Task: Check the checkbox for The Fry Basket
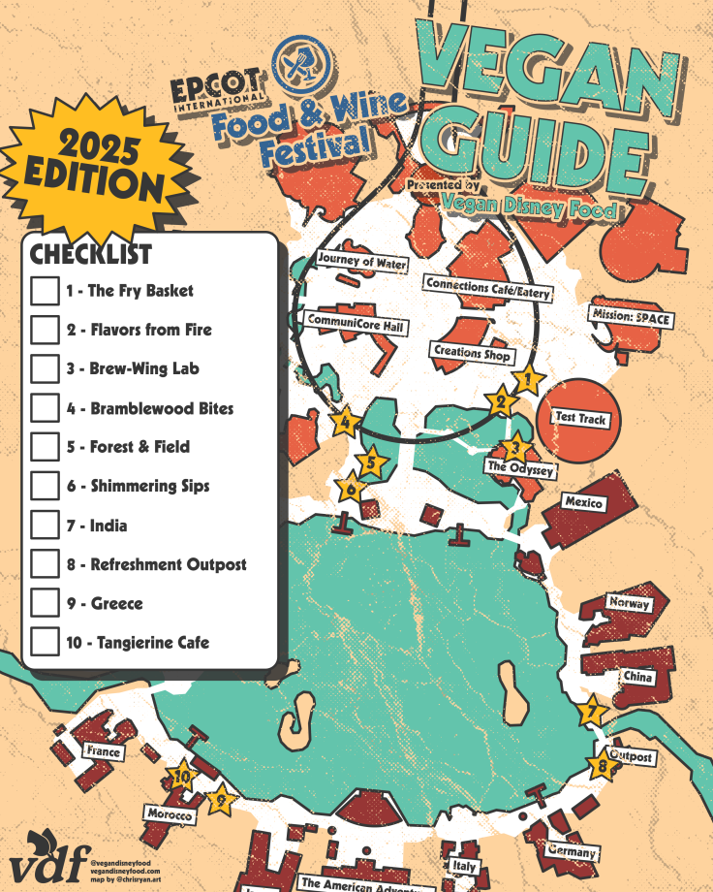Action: coord(45,291)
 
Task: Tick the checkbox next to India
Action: coord(45,526)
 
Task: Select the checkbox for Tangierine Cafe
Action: coord(45,642)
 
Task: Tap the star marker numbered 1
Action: coord(527,381)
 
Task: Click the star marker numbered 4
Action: coord(344,422)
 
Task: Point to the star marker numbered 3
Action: coord(515,448)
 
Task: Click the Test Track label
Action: coord(580,419)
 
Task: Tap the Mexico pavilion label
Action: coord(584,503)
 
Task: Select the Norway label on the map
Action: coord(628,604)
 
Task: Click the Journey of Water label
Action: coord(362,262)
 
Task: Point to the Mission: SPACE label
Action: coord(632,318)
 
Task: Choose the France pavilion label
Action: coord(103,751)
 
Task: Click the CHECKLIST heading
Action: coord(90,254)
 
